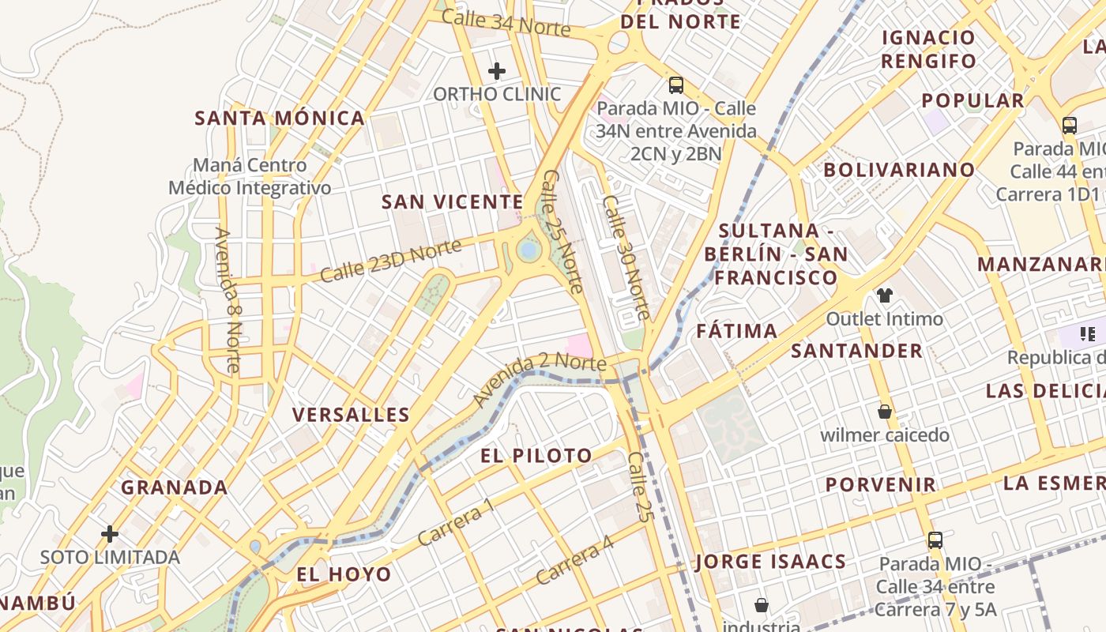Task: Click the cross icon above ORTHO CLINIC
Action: pos(496,71)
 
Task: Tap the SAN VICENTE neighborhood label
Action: pos(452,202)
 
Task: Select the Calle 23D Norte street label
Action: pos(391,261)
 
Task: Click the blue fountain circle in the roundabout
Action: pos(529,250)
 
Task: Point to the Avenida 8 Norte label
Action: pos(228,300)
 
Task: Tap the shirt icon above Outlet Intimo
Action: pos(884,295)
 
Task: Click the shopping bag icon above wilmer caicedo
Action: pos(885,412)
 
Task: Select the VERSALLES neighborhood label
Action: pos(351,415)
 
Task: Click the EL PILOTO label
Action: pos(536,456)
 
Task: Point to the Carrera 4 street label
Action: pos(574,560)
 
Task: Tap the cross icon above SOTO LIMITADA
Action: pos(110,534)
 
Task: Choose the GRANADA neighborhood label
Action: pos(175,487)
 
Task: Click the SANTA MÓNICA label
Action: pos(280,118)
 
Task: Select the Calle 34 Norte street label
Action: pos(506,23)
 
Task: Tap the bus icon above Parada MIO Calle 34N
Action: pos(675,85)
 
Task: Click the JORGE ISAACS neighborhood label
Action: pos(771,562)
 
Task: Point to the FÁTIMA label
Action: pos(737,331)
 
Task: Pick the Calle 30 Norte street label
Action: pos(626,258)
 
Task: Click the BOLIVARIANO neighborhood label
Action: pos(899,170)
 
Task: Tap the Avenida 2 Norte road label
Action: pos(540,379)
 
